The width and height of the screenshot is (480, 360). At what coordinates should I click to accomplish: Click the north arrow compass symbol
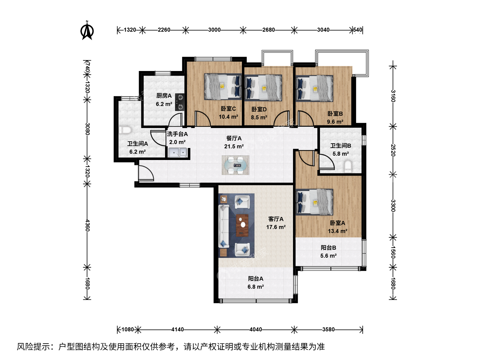click(87, 31)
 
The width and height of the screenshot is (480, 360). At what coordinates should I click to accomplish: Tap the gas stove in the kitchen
click(180, 102)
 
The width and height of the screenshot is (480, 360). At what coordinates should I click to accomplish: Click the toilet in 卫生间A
click(125, 130)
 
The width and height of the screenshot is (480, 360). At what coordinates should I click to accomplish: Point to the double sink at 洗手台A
click(178, 153)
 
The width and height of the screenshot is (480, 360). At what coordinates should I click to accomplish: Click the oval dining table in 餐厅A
click(236, 165)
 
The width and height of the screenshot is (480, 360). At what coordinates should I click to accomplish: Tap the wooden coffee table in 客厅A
click(242, 225)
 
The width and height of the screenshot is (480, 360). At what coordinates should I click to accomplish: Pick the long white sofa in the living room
click(224, 226)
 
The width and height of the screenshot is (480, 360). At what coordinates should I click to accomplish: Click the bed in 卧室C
click(223, 87)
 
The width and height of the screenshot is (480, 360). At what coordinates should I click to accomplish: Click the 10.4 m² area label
click(228, 117)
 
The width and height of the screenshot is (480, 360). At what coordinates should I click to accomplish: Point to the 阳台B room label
click(328, 248)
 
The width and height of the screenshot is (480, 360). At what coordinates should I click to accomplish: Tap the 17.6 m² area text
click(276, 227)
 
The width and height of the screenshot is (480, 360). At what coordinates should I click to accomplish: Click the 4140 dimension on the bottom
click(177, 329)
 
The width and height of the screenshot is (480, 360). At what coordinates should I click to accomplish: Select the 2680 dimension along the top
click(269, 30)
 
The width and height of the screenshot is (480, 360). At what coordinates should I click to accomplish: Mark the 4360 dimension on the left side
click(87, 226)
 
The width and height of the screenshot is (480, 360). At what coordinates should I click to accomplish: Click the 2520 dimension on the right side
click(393, 150)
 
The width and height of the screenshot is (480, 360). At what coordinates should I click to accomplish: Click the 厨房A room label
click(164, 96)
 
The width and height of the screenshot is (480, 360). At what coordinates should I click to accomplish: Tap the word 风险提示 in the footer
click(33, 347)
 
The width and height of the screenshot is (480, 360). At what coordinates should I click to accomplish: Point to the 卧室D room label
click(259, 109)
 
